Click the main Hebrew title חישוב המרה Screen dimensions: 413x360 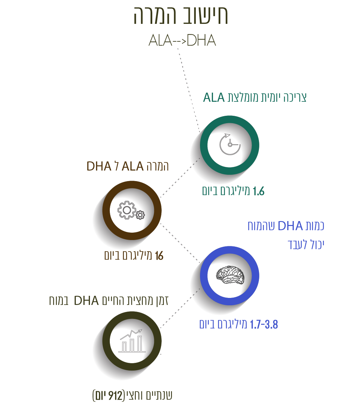pyautogui.click(x=181, y=16)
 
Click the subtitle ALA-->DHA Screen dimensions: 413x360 pyautogui.click(x=182, y=41)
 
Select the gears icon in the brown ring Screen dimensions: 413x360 pyautogui.click(x=130, y=211)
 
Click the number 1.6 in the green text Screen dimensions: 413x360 pyautogui.click(x=258, y=192)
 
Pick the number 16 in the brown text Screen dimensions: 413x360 pyautogui.click(x=159, y=256)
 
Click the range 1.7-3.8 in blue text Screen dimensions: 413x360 pyautogui.click(x=264, y=325)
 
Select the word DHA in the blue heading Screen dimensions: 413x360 pyautogui.click(x=290, y=226)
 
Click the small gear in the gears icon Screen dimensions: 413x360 pyautogui.click(x=140, y=214)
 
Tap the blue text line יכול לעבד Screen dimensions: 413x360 pyautogui.click(x=305, y=245)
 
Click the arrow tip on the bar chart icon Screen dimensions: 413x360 pyautogui.click(x=141, y=330)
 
